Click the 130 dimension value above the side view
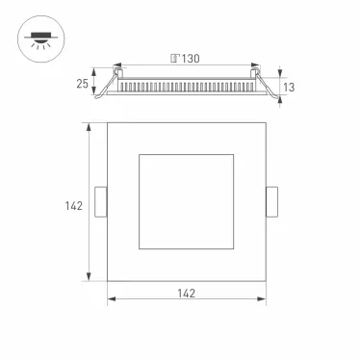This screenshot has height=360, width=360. (191, 59)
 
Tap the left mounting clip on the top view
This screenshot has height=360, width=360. (100, 203)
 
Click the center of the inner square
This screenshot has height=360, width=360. (185, 203)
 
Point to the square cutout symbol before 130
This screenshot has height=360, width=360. (173, 59)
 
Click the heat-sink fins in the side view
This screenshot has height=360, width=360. (186, 87)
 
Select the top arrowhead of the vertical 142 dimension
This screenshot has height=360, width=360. (90, 126)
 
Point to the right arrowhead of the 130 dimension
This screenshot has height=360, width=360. (254, 66)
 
